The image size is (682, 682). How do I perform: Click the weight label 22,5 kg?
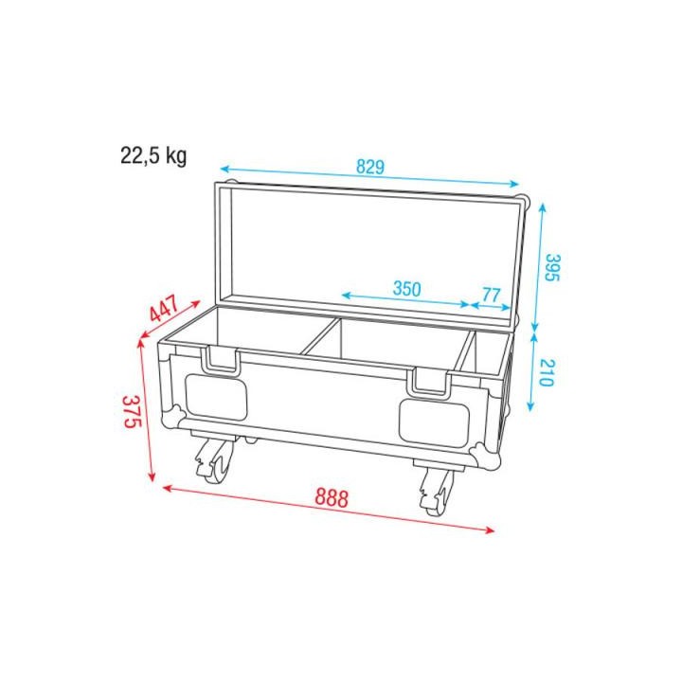click(x=153, y=156)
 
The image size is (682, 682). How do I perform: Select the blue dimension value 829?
click(x=369, y=168)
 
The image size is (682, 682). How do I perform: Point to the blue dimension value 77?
click(x=491, y=295)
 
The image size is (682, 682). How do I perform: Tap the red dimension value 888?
click(x=330, y=496)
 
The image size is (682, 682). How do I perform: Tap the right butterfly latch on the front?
click(x=430, y=381)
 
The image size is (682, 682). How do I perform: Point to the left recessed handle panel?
click(x=216, y=397)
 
